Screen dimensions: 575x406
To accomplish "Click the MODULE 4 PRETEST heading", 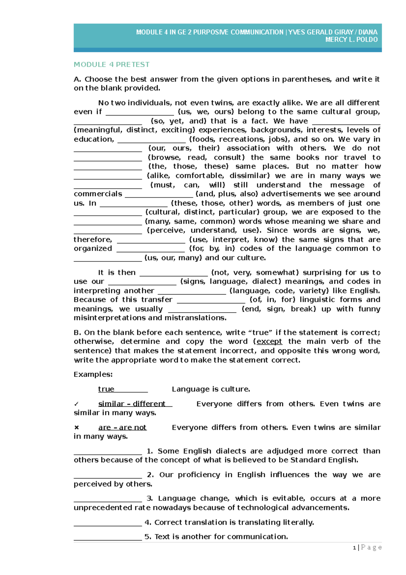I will [111, 64].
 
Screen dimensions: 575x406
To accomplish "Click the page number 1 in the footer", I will [354, 548].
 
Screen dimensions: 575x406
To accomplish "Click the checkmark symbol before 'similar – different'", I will [76, 404].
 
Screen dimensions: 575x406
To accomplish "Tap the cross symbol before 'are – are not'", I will [76, 427].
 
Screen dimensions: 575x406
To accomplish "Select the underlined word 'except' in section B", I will [269, 341].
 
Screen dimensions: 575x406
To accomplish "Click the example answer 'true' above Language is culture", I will [106, 389].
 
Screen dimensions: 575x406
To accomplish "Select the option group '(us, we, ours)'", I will [206, 112].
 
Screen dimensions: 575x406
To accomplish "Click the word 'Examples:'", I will [93, 374].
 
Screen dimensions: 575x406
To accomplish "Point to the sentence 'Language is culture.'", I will [211, 389].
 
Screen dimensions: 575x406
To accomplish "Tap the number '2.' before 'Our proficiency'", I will [151, 475].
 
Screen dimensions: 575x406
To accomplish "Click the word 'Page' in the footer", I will [371, 548].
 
